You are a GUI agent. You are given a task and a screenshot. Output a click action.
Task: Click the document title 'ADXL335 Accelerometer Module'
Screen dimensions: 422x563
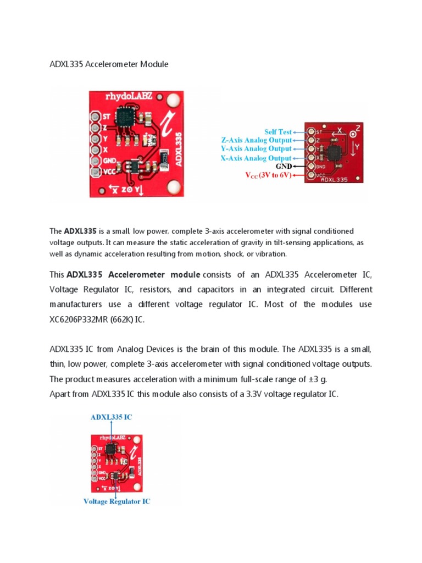pyautogui.click(x=109, y=64)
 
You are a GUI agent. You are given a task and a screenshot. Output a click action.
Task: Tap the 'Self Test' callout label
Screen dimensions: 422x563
pyautogui.click(x=277, y=132)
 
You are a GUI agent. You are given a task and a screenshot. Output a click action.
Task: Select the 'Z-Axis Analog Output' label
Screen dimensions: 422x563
pyautogui.click(x=256, y=140)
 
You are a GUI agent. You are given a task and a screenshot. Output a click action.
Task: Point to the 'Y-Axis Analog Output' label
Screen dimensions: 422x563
pyautogui.click(x=256, y=148)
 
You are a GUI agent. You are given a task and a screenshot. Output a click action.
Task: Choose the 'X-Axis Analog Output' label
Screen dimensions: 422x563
pyautogui.click(x=256, y=157)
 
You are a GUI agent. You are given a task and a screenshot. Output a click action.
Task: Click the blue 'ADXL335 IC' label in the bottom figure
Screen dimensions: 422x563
pyautogui.click(x=111, y=417)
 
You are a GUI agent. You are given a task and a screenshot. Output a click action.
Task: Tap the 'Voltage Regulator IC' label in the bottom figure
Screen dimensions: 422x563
pyautogui.click(x=116, y=501)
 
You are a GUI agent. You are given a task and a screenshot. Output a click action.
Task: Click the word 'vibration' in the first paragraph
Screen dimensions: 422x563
pyautogui.click(x=270, y=254)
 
